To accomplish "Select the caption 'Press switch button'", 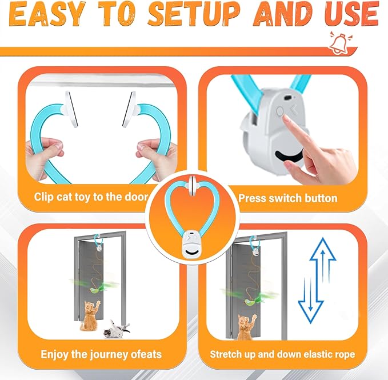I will (x=287, y=198).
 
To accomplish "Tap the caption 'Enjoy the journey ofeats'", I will (x=101, y=354).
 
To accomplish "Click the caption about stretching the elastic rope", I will (x=282, y=354).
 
